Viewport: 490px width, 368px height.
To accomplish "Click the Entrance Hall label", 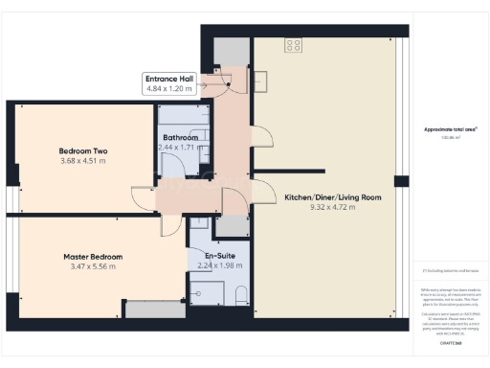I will pyautogui.click(x=168, y=79).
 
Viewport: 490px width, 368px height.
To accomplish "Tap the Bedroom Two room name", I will pyautogui.click(x=82, y=151).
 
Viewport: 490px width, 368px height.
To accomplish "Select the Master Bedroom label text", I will pyautogui.click(x=92, y=257).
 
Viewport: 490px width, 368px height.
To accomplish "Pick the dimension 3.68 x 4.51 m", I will pyautogui.click(x=82, y=162).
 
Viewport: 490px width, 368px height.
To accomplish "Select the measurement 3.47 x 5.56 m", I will pyautogui.click(x=92, y=267).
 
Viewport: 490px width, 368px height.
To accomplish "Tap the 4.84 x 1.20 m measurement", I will pyautogui.click(x=168, y=88).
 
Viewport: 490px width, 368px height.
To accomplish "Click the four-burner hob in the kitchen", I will pyautogui.click(x=293, y=44).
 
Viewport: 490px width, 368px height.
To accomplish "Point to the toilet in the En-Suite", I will pyautogui.click(x=239, y=293).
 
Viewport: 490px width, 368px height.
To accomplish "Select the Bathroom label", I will pyautogui.click(x=180, y=138).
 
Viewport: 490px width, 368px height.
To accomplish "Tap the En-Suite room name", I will pyautogui.click(x=215, y=255).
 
